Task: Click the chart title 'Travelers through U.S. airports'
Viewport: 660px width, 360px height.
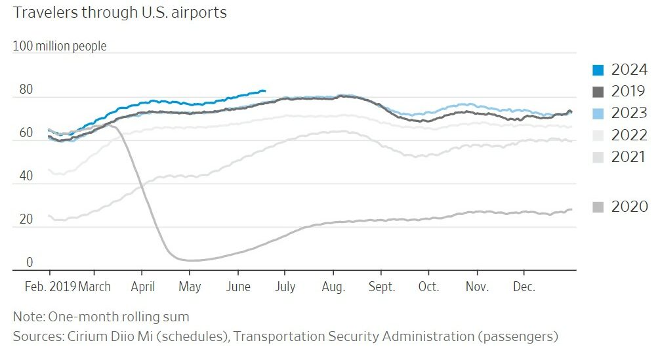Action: (119, 13)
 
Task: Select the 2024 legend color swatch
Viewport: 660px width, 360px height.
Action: (598, 70)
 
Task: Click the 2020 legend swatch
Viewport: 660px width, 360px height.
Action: (598, 207)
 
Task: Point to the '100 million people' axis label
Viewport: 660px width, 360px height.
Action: (59, 47)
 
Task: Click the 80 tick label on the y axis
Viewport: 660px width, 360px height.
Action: (26, 89)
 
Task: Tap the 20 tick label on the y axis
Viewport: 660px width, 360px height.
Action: (26, 219)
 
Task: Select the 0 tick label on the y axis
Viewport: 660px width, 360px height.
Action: (29, 262)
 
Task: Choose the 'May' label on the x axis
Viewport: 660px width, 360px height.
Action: (190, 287)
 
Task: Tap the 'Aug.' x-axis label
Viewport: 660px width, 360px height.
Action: (334, 287)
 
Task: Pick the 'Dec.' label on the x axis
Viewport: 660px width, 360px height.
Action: (524, 287)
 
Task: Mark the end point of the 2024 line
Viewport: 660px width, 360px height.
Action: (264, 90)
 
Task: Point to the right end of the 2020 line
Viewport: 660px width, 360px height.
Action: (571, 209)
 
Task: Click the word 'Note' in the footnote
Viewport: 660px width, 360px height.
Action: (27, 317)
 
